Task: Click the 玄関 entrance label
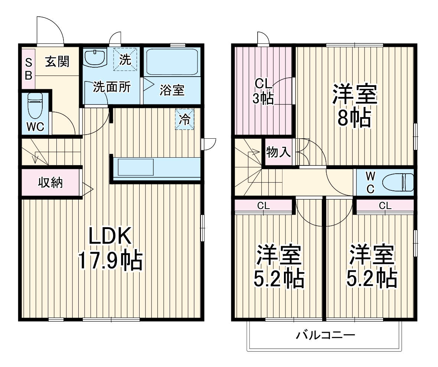pos(57,61)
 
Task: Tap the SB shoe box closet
pos(28,69)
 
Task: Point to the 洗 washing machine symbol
pos(125,59)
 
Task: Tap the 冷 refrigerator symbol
pos(184,119)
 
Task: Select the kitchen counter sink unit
pos(135,167)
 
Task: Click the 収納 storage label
pos(51,183)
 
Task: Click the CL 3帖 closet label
pos(263,91)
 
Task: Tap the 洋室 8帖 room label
pos(354,106)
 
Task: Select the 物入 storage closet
pos(278,152)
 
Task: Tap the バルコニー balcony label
pos(325,336)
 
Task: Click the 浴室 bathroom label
pos(172,90)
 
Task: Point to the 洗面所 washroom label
pos(111,87)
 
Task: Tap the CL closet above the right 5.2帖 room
pos(385,205)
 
